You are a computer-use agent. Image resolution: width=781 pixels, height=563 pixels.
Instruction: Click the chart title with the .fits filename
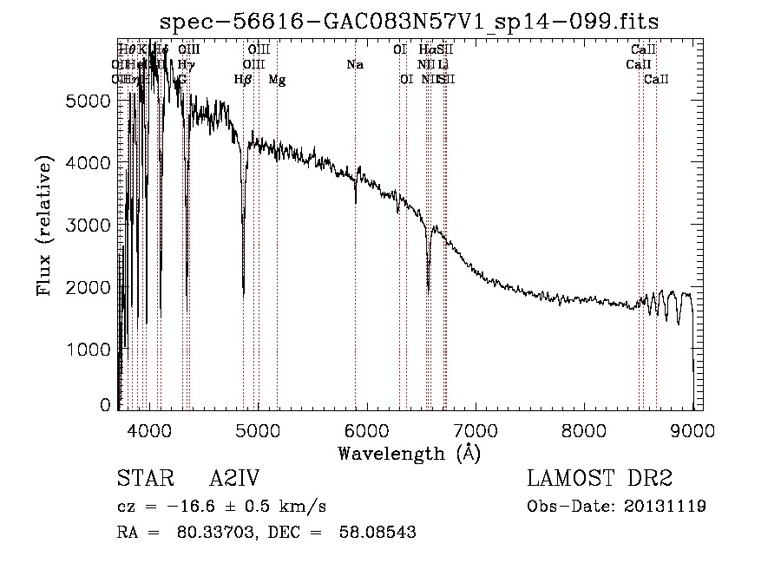[410, 21]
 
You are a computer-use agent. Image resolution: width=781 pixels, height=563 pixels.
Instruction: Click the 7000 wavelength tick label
[476, 429]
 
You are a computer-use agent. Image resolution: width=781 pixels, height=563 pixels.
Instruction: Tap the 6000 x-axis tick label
[367, 429]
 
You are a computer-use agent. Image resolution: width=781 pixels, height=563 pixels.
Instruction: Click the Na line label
[355, 64]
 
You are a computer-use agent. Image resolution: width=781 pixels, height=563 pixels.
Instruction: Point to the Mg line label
[277, 79]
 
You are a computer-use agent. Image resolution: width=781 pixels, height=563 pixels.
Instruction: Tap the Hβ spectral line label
[243, 79]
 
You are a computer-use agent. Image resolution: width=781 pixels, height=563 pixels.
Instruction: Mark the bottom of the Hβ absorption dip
[243, 295]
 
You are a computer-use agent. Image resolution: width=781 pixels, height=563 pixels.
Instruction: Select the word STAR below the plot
[139, 480]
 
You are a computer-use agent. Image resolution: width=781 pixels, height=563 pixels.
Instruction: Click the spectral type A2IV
[235, 480]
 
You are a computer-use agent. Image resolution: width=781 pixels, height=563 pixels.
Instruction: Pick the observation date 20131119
[666, 506]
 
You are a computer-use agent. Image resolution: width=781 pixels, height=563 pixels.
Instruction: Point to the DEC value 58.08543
[378, 533]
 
